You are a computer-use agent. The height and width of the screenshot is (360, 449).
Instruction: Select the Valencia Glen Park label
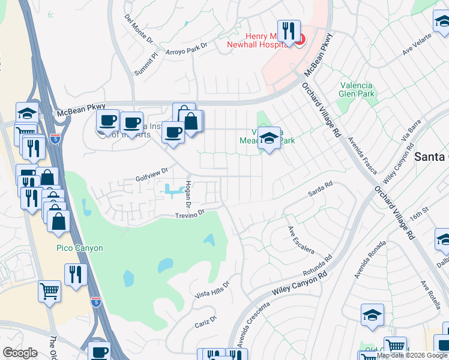(x=357, y=89)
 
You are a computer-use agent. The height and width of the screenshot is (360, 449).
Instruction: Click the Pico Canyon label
(x=80, y=248)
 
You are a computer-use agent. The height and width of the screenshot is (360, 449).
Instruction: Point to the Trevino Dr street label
(x=190, y=213)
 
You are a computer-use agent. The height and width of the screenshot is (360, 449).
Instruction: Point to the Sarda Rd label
(x=320, y=190)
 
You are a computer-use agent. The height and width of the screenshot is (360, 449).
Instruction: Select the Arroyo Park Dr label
(x=186, y=48)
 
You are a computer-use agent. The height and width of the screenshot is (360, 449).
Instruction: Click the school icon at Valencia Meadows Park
(x=269, y=139)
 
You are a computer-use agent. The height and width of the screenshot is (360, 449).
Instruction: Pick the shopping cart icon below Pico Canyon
(x=50, y=292)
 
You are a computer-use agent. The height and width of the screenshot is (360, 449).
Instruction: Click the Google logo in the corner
(x=20, y=353)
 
